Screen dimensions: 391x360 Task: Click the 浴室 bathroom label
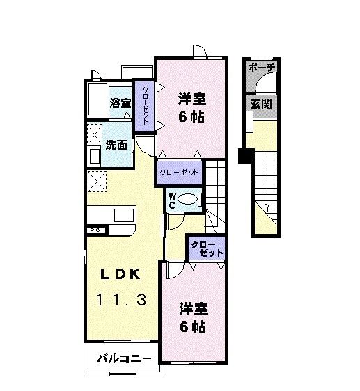(120, 103)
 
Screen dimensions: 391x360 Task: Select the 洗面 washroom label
(116, 145)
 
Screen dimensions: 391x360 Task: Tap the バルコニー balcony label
(123, 359)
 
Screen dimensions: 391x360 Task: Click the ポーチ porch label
(262, 67)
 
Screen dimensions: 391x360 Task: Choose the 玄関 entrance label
(261, 104)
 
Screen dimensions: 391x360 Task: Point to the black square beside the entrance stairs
(244, 156)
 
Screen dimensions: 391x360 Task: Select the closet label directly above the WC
(179, 171)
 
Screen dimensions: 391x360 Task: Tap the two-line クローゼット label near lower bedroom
(207, 248)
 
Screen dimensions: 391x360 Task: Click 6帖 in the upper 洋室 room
(191, 116)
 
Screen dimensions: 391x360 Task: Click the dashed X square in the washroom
(94, 133)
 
